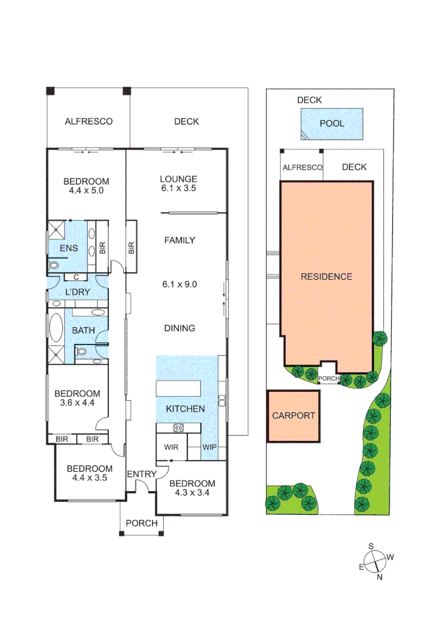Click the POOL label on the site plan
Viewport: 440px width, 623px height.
click(x=332, y=123)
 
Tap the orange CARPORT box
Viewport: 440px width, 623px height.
click(x=294, y=416)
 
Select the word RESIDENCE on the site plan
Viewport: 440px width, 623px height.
click(x=326, y=277)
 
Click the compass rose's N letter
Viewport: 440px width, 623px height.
click(x=379, y=576)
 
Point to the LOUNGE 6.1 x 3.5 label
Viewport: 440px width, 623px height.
click(x=179, y=183)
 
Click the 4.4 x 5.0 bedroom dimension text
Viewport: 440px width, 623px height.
click(x=85, y=190)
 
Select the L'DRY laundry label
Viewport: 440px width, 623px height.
click(x=77, y=292)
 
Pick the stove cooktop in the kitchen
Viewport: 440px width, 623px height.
click(x=178, y=428)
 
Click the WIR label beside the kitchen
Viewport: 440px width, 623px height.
click(x=171, y=447)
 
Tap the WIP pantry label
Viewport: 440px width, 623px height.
click(x=209, y=447)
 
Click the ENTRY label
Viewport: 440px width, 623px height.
click(x=141, y=474)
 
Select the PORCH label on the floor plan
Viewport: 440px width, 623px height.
click(x=141, y=523)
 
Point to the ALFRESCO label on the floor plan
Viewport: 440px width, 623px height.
click(x=88, y=122)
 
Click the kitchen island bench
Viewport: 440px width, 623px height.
click(x=178, y=388)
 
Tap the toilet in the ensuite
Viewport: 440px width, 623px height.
click(x=54, y=266)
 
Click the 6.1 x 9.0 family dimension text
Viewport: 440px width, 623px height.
click(x=179, y=284)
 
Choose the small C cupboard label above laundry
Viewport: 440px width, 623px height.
click(x=76, y=277)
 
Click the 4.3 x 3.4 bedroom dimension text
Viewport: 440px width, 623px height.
click(x=192, y=493)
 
